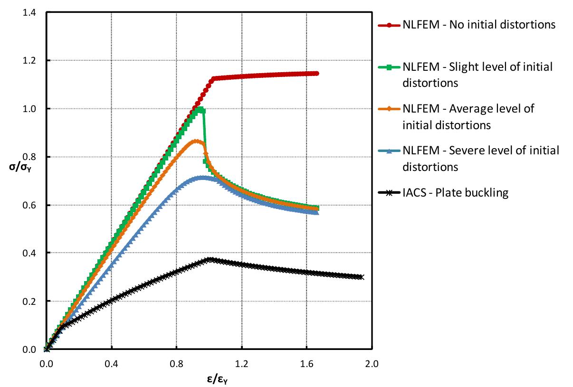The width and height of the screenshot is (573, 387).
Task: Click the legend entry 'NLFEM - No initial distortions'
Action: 479,25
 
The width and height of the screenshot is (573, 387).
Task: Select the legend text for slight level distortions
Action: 477,75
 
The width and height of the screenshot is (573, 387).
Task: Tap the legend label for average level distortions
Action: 468,116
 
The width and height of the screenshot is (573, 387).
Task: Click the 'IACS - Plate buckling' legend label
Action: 456,192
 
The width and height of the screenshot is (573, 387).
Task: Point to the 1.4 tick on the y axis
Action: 29,12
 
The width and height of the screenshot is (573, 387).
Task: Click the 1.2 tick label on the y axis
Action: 29,61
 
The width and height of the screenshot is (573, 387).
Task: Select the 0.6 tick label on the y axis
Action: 29,205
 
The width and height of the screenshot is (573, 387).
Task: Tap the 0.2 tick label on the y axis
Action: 29,302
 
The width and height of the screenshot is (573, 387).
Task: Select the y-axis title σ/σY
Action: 19,167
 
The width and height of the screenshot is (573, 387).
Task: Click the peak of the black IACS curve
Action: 210,260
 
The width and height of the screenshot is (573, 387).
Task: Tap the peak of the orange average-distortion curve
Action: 196,141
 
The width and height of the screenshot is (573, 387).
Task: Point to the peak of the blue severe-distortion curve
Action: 203,178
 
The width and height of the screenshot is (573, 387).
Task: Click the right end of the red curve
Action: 317,73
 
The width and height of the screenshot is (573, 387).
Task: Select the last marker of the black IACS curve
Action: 362,277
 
